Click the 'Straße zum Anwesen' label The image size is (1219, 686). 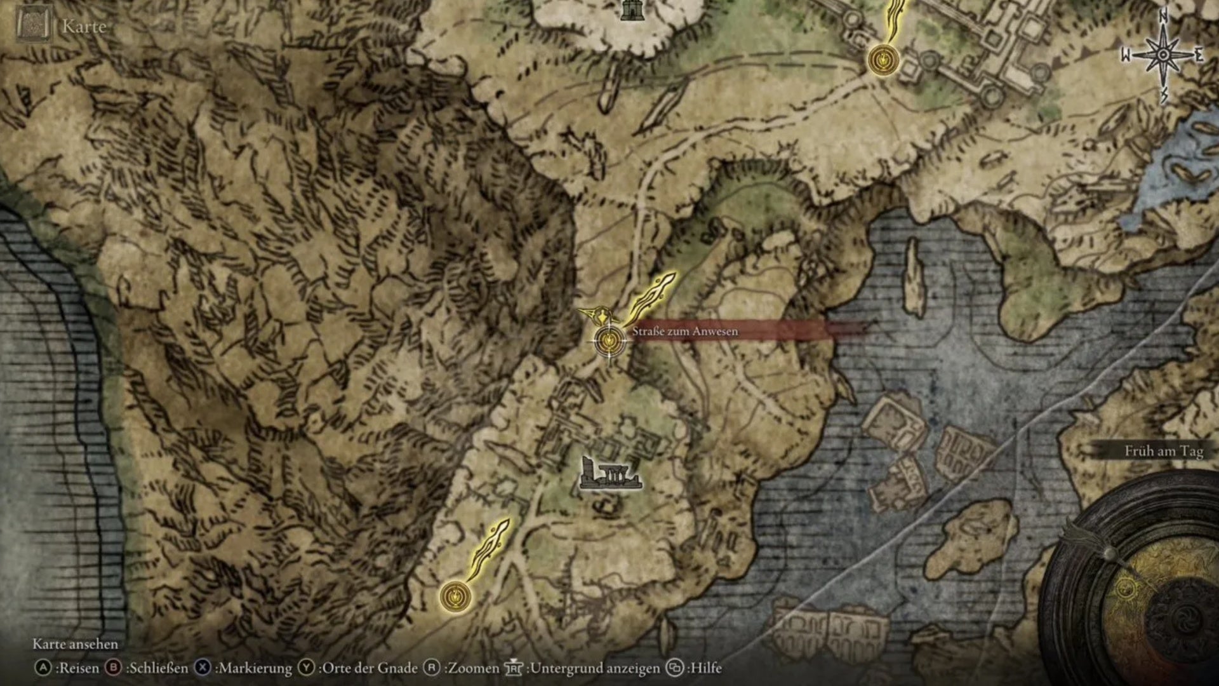pyautogui.click(x=685, y=331)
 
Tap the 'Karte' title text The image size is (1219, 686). pyautogui.click(x=84, y=27)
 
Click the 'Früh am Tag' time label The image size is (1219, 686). pyautogui.click(x=1163, y=451)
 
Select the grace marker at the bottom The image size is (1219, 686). pyautogui.click(x=455, y=596)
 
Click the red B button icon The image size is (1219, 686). pyautogui.click(x=114, y=668)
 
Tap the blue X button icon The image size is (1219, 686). pyautogui.click(x=203, y=668)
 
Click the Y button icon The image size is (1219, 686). pyautogui.click(x=307, y=668)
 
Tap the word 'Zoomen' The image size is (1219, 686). pyautogui.click(x=474, y=668)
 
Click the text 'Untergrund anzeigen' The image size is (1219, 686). pyautogui.click(x=594, y=668)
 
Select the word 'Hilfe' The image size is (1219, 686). pyautogui.click(x=705, y=668)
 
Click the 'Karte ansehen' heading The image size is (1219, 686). pyautogui.click(x=76, y=644)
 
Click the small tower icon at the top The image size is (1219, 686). pyautogui.click(x=632, y=9)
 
